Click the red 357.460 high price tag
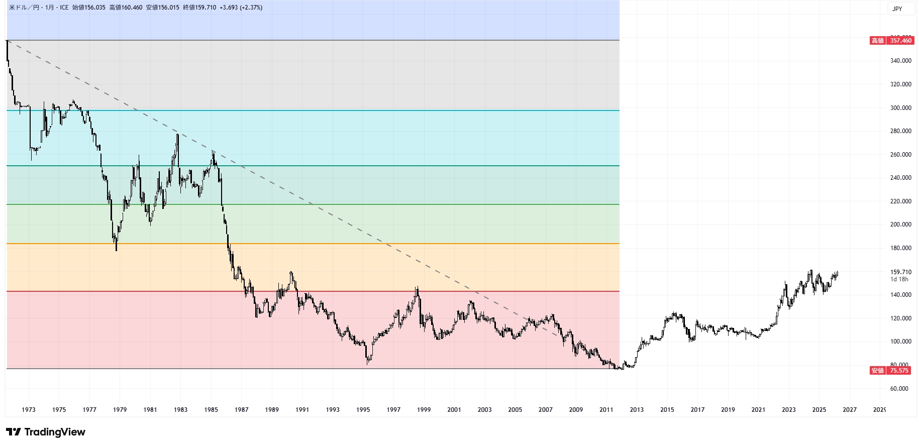pos(891,41)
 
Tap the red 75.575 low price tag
pos(891,371)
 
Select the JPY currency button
pos(897,9)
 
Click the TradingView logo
pos(46,432)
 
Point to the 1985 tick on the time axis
pos(211,410)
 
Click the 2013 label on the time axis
pos(637,410)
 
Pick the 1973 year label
pos(29,410)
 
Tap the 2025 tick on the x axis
pos(819,410)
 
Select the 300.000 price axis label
pos(900,108)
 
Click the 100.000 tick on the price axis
pos(900,342)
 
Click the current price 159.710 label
pos(900,272)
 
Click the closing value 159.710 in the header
pos(206,8)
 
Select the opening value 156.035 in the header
pos(95,8)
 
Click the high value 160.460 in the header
pos(132,8)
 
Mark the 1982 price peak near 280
pos(177,134)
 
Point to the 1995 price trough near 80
pos(368,363)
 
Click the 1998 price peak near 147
pos(417,288)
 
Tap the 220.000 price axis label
pos(900,201)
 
